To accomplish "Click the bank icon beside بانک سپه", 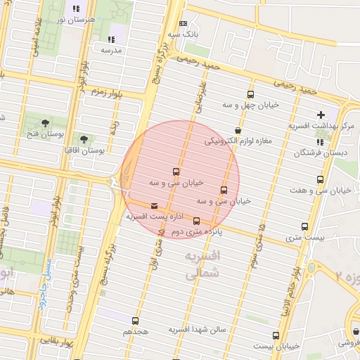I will (x=184, y=23).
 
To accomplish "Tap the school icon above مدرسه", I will (x=110, y=39).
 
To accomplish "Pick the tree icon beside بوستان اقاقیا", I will (x=84, y=139).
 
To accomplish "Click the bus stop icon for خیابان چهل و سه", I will (x=250, y=94).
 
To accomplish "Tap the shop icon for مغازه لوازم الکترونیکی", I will (x=238, y=130).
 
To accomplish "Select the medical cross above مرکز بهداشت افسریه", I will (x=321, y=114).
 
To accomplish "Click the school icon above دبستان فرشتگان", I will (x=321, y=141).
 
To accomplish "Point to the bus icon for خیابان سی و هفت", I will (x=321, y=180).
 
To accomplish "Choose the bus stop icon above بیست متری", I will (x=304, y=226).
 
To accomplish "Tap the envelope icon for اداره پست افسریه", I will (x=154, y=206).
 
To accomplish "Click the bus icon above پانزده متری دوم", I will (x=196, y=221).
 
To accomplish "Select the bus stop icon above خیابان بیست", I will (x=275, y=335).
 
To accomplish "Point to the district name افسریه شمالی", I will (x=202, y=265).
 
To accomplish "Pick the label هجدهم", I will (x=136, y=330).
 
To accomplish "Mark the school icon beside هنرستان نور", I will (x=76, y=9).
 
